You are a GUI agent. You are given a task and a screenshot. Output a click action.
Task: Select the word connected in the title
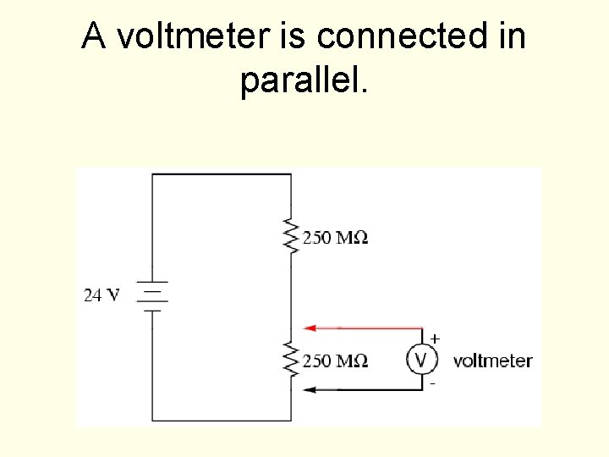point(405,36)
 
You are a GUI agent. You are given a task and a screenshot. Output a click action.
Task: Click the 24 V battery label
point(101,295)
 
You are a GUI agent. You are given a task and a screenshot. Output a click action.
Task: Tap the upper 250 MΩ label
point(335,238)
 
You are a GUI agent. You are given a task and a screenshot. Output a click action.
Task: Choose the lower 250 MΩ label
point(335,361)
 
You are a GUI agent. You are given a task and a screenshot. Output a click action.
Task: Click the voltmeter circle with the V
point(422,361)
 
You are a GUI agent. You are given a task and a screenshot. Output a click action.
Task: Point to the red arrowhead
point(310,328)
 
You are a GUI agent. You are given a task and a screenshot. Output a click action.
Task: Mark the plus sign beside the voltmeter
point(435,339)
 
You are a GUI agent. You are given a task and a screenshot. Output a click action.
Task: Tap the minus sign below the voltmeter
point(433,383)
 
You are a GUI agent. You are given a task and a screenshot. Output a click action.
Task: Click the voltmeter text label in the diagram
point(492,361)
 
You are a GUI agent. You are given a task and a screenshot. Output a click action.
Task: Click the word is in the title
point(295,36)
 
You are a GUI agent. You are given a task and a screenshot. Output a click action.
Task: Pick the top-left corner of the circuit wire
point(152,174)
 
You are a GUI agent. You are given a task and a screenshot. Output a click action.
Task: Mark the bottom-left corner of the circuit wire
point(152,421)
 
